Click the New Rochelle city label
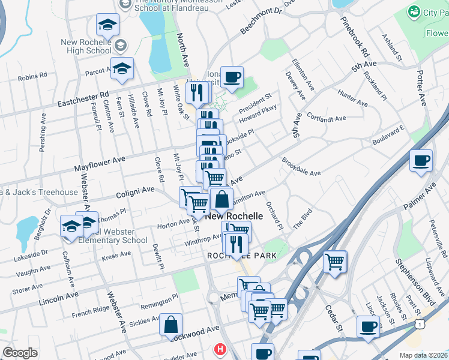coord(235,216)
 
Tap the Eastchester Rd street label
coord(83,99)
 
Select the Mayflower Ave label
coord(100,163)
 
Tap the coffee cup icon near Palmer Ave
coord(421,160)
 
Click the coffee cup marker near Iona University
coord(232,77)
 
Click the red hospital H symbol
coord(220,348)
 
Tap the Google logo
coord(20,353)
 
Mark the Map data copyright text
coord(423,355)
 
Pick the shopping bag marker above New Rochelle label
coord(221,199)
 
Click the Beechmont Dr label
coord(261,21)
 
